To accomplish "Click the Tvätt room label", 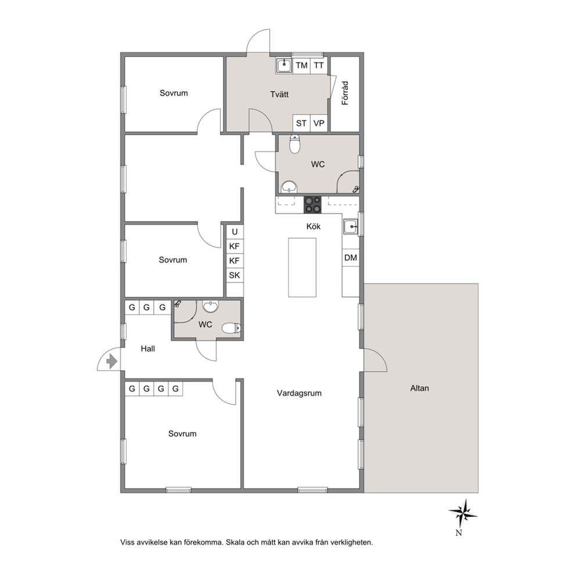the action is pyautogui.click(x=279, y=95).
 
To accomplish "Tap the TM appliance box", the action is pyautogui.click(x=301, y=66).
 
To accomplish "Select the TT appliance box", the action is pyautogui.click(x=319, y=66).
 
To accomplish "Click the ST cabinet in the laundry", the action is pyautogui.click(x=301, y=123).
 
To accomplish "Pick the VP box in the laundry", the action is pyautogui.click(x=319, y=123).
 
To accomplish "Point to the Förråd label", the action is pyautogui.click(x=345, y=93).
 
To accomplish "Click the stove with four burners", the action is pyautogui.click(x=312, y=204).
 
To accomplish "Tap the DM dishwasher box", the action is pyautogui.click(x=351, y=258).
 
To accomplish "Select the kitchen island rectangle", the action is pyautogui.click(x=303, y=268).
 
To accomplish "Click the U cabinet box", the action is pyautogui.click(x=235, y=232).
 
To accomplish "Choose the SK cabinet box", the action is pyautogui.click(x=235, y=275).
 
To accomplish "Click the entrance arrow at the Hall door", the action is pyautogui.click(x=111, y=362).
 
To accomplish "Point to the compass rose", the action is pyautogui.click(x=463, y=513).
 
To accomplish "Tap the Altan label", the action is pyautogui.click(x=419, y=388).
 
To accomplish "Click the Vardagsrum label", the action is pyautogui.click(x=299, y=393).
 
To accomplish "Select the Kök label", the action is pyautogui.click(x=314, y=226).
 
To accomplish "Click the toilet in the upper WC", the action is pyautogui.click(x=294, y=144).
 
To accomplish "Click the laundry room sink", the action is pyautogui.click(x=283, y=66).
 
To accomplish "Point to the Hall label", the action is pyautogui.click(x=147, y=348).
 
